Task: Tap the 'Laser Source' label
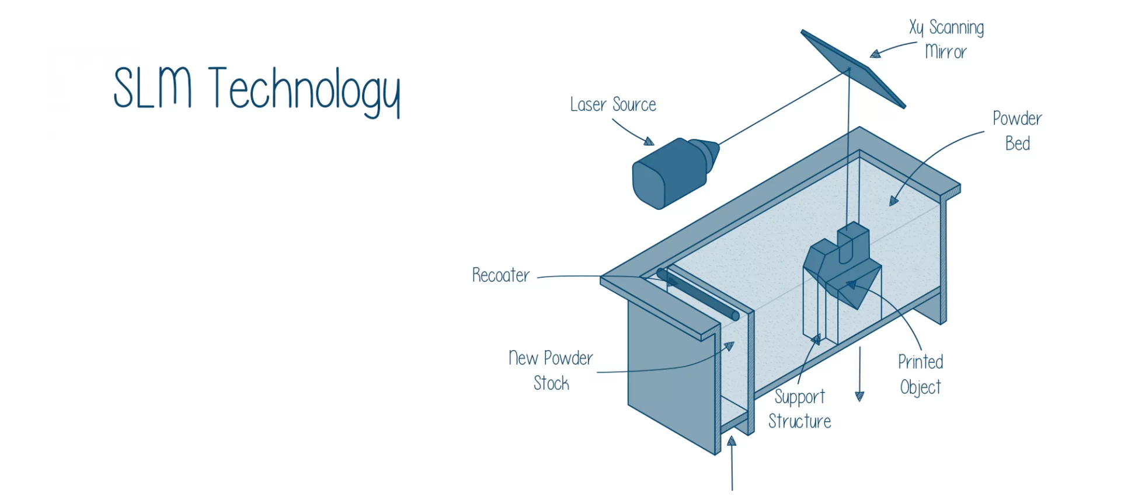[613, 104]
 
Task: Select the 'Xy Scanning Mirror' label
[946, 40]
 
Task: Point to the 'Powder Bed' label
[1017, 131]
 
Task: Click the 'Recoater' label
[501, 275]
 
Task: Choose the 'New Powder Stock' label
[551, 370]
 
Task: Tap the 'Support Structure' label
[800, 409]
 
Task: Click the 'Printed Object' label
[921, 374]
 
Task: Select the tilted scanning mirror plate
[854, 69]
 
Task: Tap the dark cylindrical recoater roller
[698, 294]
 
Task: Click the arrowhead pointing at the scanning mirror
[875, 54]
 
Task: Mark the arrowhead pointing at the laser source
[649, 141]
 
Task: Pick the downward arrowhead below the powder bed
[859, 397]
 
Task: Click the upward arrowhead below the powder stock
[732, 441]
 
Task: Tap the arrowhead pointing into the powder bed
[893, 201]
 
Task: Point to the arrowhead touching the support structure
[816, 339]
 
